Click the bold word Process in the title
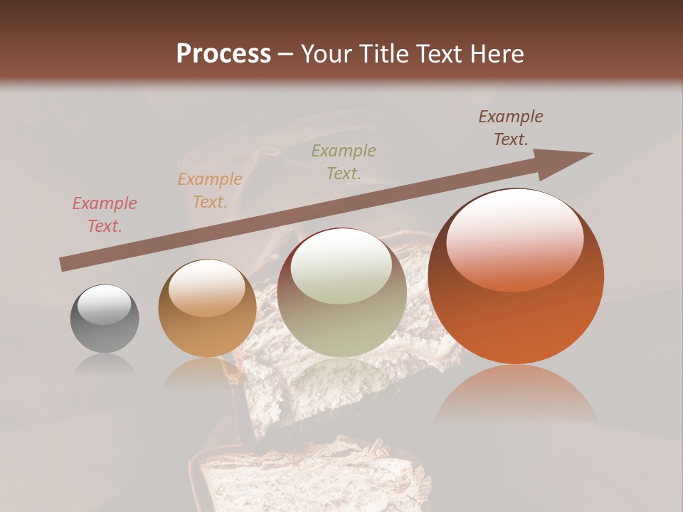(x=223, y=53)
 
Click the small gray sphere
(x=105, y=319)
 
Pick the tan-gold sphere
(x=207, y=308)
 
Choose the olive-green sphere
(x=341, y=292)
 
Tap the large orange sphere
(x=516, y=277)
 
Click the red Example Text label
(x=105, y=215)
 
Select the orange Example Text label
(x=210, y=191)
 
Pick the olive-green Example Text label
(x=344, y=161)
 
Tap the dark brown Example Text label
(x=510, y=128)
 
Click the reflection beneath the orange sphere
(x=516, y=395)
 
